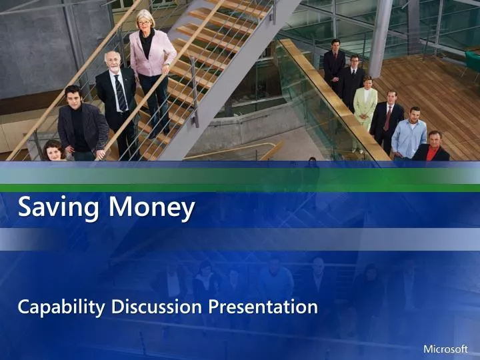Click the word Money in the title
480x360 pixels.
click(x=152, y=208)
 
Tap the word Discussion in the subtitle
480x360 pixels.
click(x=157, y=307)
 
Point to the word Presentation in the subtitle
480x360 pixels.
click(x=263, y=307)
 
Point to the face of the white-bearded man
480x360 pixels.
click(x=114, y=62)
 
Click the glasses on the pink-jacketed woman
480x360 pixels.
click(x=145, y=21)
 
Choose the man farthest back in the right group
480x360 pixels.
click(x=335, y=63)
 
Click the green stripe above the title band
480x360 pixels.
click(x=240, y=187)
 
